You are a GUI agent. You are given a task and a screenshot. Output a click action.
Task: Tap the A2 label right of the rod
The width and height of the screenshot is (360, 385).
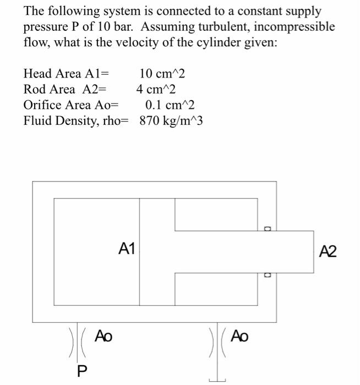coord(328,251)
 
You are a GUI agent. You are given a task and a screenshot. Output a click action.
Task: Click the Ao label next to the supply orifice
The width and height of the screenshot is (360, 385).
coord(103,335)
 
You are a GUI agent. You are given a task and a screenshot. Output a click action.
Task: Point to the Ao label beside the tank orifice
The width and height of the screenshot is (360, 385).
coord(239,335)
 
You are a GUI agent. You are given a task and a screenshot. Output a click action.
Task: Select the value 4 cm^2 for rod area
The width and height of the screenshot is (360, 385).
coord(156,89)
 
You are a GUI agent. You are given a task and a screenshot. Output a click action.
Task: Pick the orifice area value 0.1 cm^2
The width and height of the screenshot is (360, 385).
coord(170,105)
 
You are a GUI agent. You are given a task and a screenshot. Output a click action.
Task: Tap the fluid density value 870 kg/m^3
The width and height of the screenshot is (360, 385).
coord(171,120)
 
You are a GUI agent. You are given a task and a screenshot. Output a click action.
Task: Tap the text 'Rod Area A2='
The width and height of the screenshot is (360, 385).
coord(65,89)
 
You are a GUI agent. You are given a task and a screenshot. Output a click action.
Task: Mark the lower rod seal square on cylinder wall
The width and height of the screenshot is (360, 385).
coord(268,274)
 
